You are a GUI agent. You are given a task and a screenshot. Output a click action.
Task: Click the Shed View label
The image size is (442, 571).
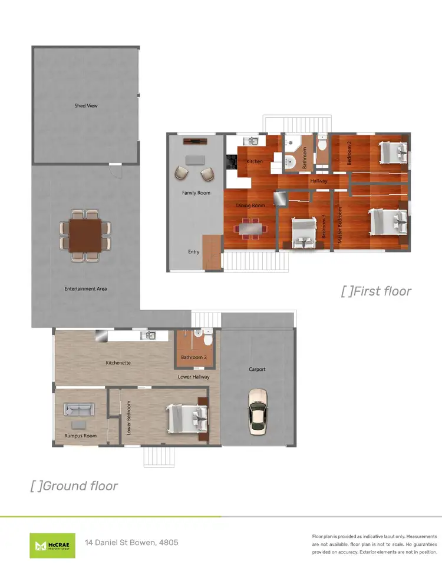click(x=86, y=106)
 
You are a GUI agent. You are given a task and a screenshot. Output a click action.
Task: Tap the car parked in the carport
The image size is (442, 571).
click(x=258, y=411)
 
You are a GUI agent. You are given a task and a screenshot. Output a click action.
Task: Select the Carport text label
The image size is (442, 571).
click(x=257, y=370)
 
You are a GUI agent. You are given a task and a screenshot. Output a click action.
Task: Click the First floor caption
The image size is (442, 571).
click(x=376, y=291)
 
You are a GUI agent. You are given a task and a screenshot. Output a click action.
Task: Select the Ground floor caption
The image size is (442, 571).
click(x=74, y=486)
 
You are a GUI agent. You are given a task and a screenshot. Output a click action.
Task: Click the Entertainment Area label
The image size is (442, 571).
click(x=86, y=288)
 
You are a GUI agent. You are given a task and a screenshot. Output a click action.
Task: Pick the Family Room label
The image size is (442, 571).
click(x=196, y=193)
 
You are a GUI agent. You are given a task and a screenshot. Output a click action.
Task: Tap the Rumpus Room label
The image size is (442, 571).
click(x=80, y=436)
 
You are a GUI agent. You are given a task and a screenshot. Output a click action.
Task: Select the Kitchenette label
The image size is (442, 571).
click(x=118, y=363)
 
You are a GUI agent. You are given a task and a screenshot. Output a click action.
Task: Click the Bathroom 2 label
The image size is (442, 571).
click(x=194, y=357)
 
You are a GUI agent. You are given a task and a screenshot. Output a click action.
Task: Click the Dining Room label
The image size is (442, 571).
click(x=250, y=205)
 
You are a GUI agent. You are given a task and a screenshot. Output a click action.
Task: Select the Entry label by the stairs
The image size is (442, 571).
click(x=194, y=252)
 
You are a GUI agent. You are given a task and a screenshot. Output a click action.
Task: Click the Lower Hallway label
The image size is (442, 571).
click(x=194, y=377)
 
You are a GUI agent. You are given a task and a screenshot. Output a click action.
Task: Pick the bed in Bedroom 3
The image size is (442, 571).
click(x=303, y=234)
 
